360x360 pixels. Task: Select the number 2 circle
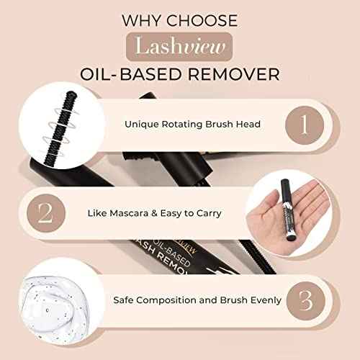[42, 215]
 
